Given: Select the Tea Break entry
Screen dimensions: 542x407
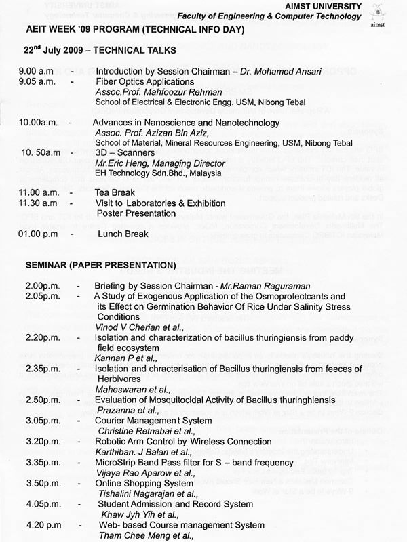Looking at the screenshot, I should [115, 193].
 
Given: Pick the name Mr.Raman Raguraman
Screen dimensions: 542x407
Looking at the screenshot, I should [269, 286].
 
